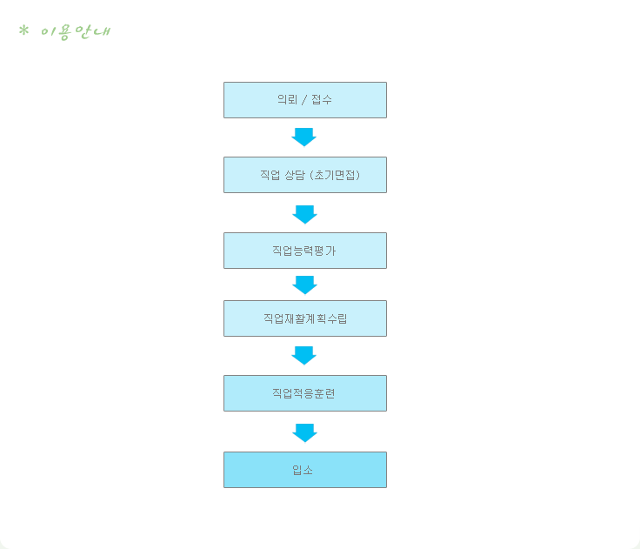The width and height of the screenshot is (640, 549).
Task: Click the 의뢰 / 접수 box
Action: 305,100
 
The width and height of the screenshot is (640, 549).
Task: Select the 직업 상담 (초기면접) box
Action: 305,175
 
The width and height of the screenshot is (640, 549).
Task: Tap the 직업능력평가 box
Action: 305,251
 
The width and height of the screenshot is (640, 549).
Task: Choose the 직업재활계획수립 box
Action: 305,318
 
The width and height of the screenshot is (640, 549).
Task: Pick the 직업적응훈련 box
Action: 305,393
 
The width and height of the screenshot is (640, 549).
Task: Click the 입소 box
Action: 305,470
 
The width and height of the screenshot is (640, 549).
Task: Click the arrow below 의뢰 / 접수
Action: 304,137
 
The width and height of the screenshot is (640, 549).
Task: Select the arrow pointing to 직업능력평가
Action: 305,214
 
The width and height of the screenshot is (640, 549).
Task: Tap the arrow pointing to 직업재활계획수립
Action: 305,285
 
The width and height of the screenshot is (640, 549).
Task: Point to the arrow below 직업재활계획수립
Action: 304,355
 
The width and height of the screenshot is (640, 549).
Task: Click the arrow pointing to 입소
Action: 305,433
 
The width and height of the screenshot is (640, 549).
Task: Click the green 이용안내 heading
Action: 76,32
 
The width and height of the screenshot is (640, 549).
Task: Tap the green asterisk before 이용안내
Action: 23,30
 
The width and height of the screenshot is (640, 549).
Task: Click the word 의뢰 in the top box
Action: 287,99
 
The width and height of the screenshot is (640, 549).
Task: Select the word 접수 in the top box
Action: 322,99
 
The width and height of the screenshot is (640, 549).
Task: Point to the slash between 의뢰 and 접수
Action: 304,100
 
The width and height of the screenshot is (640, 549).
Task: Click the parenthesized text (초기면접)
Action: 335,175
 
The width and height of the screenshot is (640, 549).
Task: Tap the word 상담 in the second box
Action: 294,175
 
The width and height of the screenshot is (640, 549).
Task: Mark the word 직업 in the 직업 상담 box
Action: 270,175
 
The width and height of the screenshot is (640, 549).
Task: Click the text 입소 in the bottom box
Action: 303,470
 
